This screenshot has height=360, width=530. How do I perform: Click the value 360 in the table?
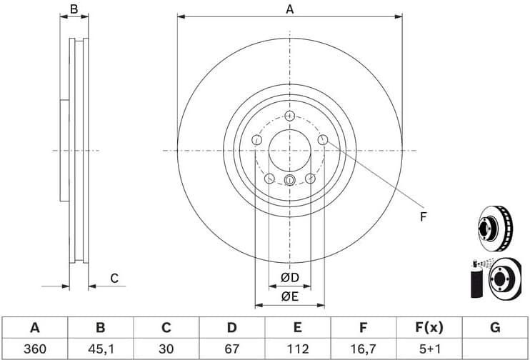pyautogui.click(x=34, y=349)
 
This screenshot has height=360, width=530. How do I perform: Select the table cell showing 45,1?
pyautogui.click(x=100, y=349)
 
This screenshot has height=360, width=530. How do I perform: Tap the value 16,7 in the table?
pyautogui.click(x=363, y=349)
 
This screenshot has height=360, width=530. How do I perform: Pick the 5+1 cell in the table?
pyautogui.click(x=429, y=349)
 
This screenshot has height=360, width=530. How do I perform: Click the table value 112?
pyautogui.click(x=297, y=349)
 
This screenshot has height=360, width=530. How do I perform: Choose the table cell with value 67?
pyautogui.click(x=231, y=349)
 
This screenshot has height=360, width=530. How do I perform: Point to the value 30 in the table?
pyautogui.click(x=166, y=349)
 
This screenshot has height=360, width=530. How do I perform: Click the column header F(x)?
pyautogui.click(x=429, y=328)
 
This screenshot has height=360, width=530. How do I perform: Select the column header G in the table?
pyautogui.click(x=494, y=328)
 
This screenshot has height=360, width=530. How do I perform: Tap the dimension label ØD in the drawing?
pyautogui.click(x=289, y=277)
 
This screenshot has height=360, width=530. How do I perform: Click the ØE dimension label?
pyautogui.click(x=289, y=296)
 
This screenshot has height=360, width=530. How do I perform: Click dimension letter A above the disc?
pyautogui.click(x=289, y=9)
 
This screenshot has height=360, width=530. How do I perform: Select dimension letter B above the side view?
pyautogui.click(x=74, y=9)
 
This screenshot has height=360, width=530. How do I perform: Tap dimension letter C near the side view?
pyautogui.click(x=113, y=279)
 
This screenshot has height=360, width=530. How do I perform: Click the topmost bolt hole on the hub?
pyautogui.click(x=289, y=116)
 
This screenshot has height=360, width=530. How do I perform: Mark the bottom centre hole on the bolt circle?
pyautogui.click(x=289, y=180)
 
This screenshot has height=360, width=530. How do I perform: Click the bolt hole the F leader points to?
pyautogui.click(x=323, y=141)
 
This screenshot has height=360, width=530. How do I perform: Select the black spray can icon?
pyautogui.click(x=475, y=281)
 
